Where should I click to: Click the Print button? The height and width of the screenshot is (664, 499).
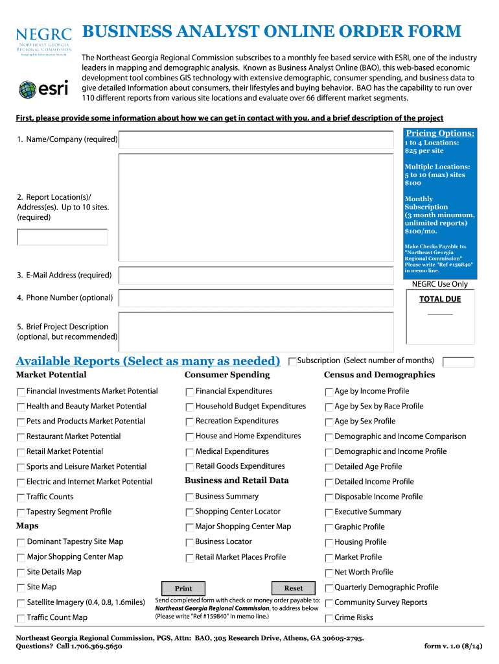tap(183, 588)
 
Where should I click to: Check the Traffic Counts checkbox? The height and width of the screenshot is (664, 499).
tap(21, 497)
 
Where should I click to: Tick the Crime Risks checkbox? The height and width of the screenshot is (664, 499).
tap(329, 618)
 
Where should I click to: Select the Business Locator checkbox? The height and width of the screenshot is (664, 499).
tap(190, 542)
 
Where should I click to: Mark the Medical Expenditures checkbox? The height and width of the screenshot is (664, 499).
tap(190, 452)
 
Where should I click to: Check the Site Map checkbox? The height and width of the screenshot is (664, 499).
tap(21, 587)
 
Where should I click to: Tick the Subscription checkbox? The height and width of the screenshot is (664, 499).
tap(292, 361)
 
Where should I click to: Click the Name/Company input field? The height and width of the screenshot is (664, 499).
tap(257, 140)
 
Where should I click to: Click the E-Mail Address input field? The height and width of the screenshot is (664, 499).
tap(257, 276)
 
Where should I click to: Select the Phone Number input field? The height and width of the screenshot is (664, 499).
tap(257, 298)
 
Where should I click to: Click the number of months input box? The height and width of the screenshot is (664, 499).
tap(458, 362)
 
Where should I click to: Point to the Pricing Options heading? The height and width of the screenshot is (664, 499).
tap(440, 133)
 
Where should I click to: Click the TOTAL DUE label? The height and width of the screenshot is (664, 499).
tap(440, 299)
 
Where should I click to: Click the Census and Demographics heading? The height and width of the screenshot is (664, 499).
tap(379, 375)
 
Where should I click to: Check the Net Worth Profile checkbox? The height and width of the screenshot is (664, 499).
tap(329, 573)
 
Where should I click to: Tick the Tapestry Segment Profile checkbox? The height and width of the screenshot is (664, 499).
tap(21, 512)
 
